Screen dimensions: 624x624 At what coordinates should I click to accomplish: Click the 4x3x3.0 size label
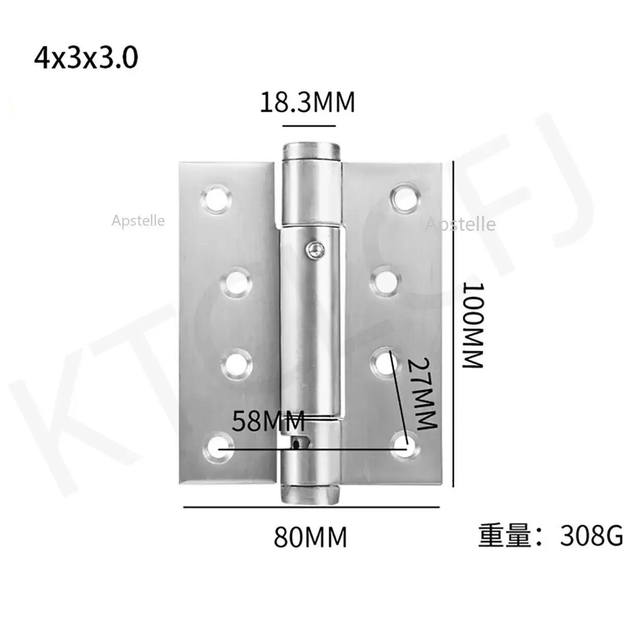[86, 58]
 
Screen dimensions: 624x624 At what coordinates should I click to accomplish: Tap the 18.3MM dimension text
[307, 102]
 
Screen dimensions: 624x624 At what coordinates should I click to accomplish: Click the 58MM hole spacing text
[268, 421]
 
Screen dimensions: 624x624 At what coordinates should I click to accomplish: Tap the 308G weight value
[591, 535]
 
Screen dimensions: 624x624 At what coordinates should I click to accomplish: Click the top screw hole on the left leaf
[215, 199]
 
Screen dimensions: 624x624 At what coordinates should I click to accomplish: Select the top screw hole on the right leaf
[405, 198]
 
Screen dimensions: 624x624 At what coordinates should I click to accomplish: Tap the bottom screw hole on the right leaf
[407, 446]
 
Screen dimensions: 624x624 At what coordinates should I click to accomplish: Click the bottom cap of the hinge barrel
[310, 495]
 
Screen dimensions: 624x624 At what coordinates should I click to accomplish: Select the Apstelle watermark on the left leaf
[138, 221]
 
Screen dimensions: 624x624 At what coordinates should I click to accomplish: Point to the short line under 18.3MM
[309, 126]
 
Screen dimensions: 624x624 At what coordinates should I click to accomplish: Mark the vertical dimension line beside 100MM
[456, 325]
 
